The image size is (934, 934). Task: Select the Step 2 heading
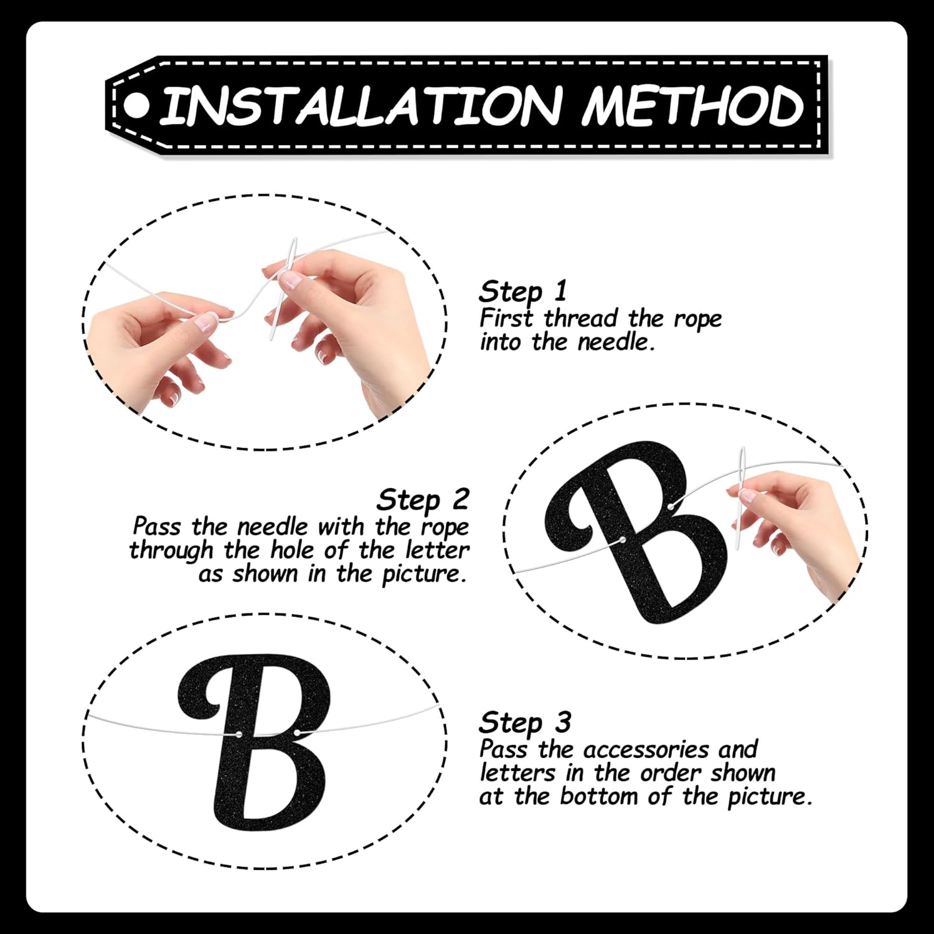[423, 499]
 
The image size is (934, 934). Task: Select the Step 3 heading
[524, 723]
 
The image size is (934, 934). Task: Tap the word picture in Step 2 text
[423, 574]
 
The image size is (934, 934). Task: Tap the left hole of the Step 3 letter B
[239, 735]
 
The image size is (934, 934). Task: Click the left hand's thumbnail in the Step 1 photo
[205, 320]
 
